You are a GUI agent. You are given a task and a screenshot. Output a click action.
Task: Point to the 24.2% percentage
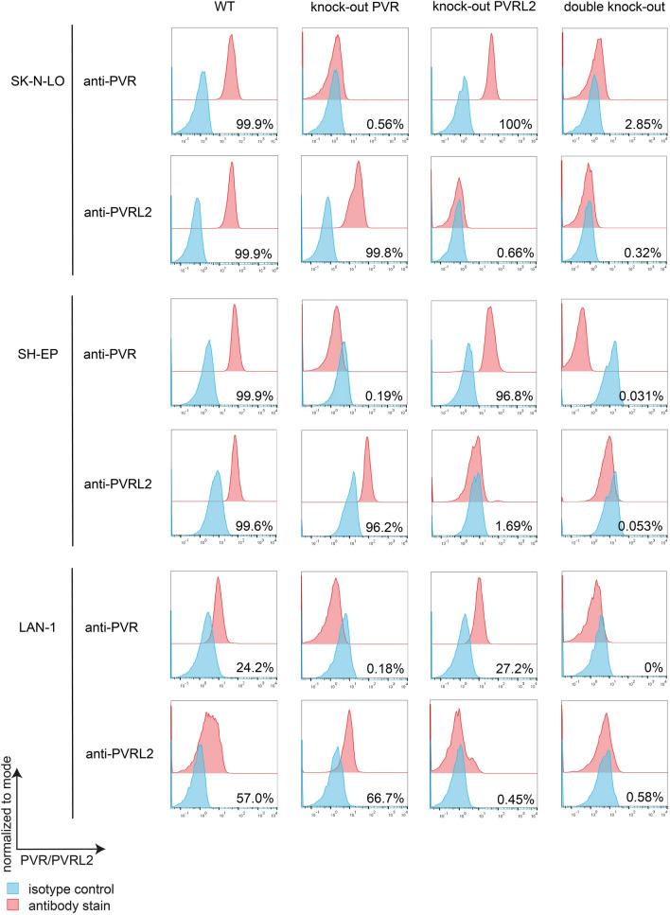pos(254,667)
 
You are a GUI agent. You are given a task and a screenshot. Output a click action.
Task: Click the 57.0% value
pos(254,799)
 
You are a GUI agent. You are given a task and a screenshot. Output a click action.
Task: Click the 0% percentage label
pos(652,667)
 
